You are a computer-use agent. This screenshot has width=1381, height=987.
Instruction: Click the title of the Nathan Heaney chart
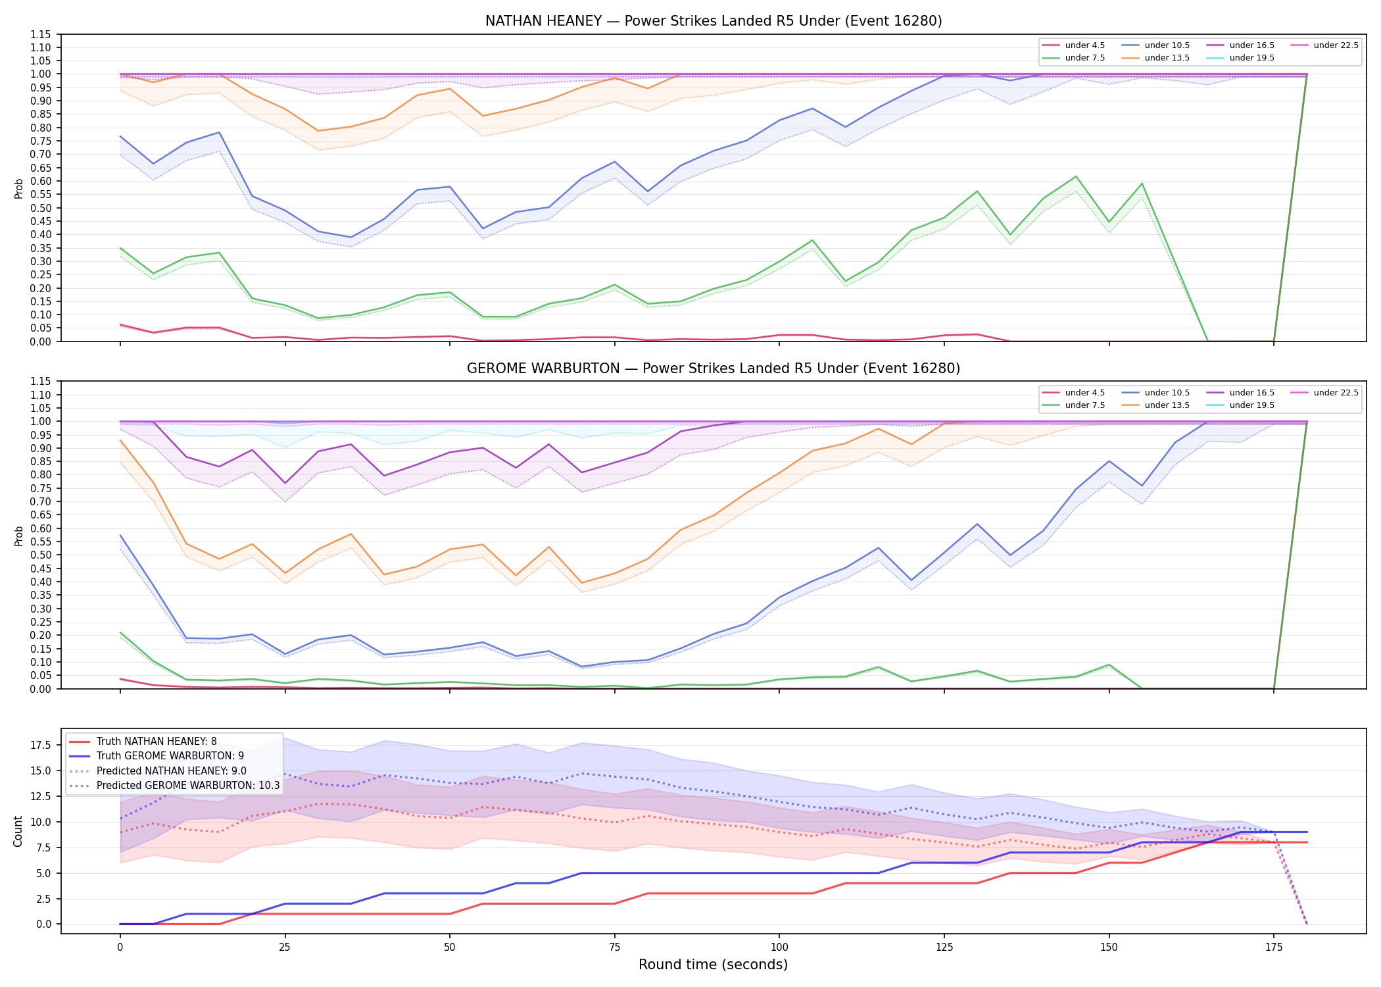(x=714, y=21)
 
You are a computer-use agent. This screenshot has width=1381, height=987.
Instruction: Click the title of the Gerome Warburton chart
(x=714, y=368)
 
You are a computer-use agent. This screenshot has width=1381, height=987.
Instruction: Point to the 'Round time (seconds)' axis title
(x=713, y=965)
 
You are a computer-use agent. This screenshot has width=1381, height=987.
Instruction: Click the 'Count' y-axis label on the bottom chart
(x=18, y=831)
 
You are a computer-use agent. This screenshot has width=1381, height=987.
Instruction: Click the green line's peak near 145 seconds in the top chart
(x=1076, y=176)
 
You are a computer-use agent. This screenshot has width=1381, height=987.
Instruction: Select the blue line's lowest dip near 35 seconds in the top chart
(x=351, y=237)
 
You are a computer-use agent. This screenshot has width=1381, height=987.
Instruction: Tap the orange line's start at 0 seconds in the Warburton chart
(x=120, y=440)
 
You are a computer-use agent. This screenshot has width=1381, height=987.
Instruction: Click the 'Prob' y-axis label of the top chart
(x=18, y=188)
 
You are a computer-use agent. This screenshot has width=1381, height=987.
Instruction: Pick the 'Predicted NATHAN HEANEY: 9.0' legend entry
(x=172, y=771)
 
